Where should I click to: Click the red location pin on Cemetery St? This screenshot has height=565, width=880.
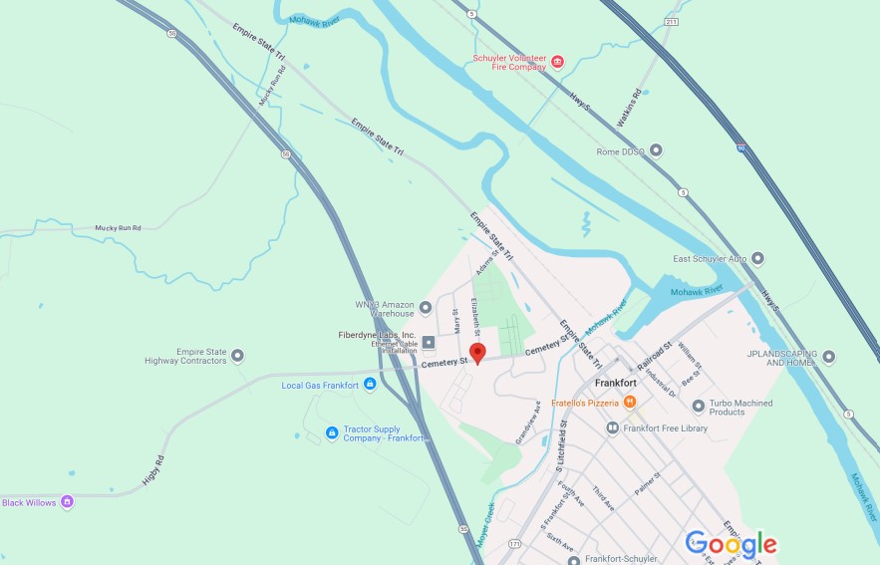pos(477,353)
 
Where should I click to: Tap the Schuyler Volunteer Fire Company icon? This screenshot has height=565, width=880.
pos(557,62)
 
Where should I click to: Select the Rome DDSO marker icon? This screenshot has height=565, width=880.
pos(656,150)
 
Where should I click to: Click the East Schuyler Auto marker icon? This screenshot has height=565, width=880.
pos(757,259)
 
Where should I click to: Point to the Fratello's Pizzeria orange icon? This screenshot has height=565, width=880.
pos(630,402)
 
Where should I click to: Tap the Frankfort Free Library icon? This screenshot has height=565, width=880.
pos(613,427)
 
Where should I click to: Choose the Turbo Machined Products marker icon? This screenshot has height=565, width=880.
pos(698,407)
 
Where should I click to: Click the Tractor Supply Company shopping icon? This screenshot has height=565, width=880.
pos(332,432)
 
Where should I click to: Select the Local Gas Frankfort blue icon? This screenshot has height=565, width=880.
pos(370,385)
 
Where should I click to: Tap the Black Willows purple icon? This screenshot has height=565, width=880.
pos(67,501)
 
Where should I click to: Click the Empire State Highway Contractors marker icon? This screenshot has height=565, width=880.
pos(237,356)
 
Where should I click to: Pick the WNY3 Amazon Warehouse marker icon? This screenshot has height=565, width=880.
pos(426,307)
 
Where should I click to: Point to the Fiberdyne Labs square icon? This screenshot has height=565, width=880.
pos(429,343)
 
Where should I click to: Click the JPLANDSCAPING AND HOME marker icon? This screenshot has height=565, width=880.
pos(828,356)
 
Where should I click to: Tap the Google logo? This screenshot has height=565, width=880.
pos(731,544)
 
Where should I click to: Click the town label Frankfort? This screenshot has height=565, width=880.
pos(615,383)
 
